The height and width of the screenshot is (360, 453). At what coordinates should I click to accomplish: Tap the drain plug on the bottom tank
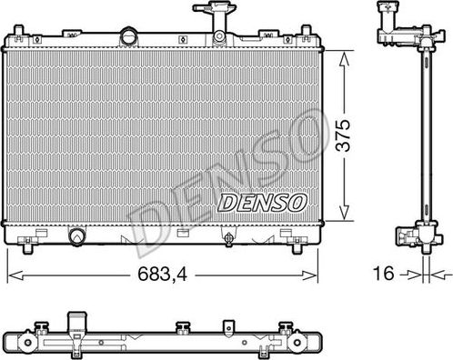(x=226, y=239)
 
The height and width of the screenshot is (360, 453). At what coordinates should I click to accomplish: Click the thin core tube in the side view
(x=423, y=136)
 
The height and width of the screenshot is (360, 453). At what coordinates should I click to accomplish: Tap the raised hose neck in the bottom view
(x=75, y=320)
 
